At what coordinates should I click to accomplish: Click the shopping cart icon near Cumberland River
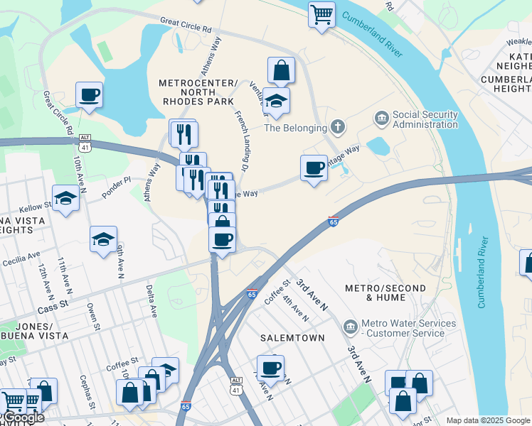point(321,13)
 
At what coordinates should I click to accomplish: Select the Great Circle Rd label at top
point(186,26)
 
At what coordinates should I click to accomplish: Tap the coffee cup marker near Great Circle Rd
point(89,95)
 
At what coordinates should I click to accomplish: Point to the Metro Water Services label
point(408,328)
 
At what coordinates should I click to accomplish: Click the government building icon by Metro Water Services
point(351,327)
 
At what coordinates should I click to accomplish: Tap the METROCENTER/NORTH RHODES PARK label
point(197,92)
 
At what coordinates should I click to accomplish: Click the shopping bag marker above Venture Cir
point(281,70)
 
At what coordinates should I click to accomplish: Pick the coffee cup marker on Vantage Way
point(314,168)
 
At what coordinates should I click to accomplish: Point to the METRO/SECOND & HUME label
point(385,293)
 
